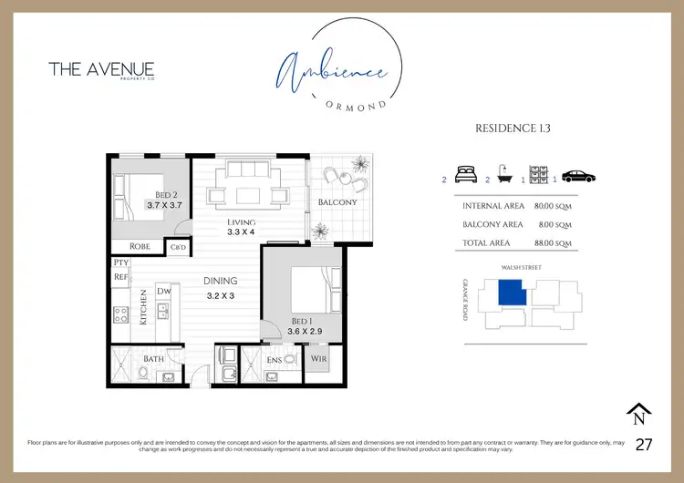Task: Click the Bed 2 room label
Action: click(x=165, y=195)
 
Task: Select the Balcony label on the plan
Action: click(x=337, y=201)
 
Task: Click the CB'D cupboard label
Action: click(x=178, y=247)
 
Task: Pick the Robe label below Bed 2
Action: click(x=140, y=246)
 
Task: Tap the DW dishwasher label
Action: click(x=164, y=291)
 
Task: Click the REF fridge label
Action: click(x=120, y=276)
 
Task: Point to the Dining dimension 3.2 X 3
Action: click(x=221, y=296)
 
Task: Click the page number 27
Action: click(x=643, y=445)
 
